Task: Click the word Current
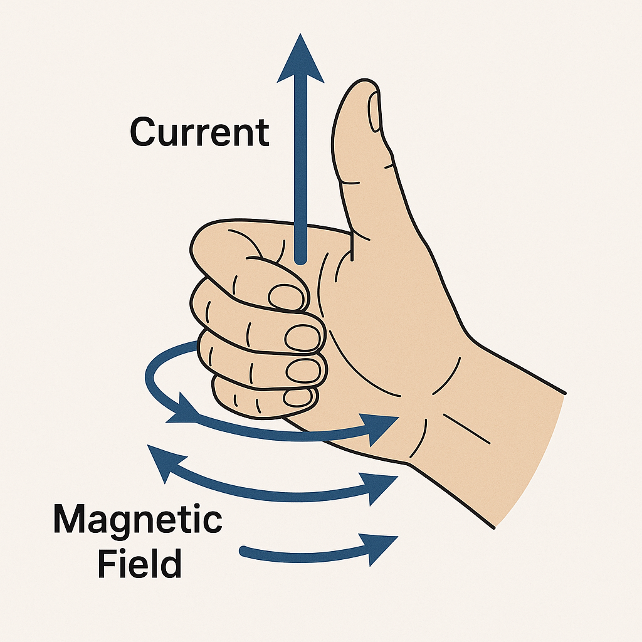click(x=199, y=132)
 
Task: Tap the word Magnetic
click(x=137, y=520)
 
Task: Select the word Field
click(x=139, y=563)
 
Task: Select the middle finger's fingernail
click(x=302, y=338)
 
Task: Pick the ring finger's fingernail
click(x=303, y=370)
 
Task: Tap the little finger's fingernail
click(x=298, y=397)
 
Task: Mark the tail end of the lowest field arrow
click(x=244, y=551)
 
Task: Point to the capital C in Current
click(x=144, y=132)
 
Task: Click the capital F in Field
click(x=107, y=563)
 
